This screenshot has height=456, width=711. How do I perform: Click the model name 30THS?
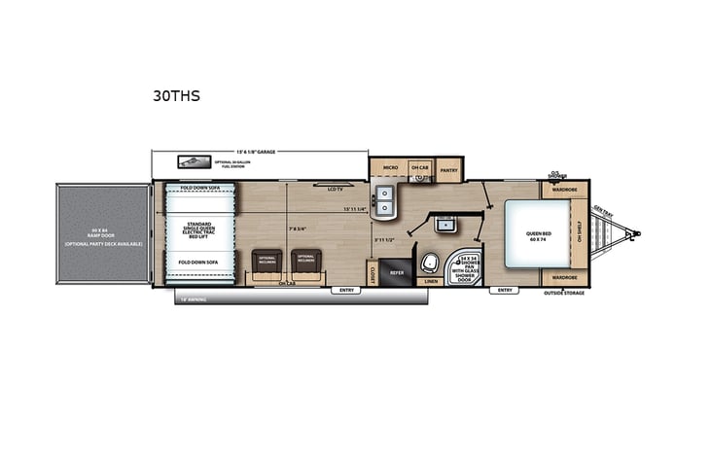[x=175, y=95]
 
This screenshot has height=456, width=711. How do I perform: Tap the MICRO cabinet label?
[x=389, y=168]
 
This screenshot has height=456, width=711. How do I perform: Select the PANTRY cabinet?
[x=448, y=169]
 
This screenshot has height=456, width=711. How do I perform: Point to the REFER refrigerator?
[x=397, y=272]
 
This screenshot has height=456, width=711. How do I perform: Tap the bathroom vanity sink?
[x=448, y=226]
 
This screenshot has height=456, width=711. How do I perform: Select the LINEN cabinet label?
[x=432, y=282]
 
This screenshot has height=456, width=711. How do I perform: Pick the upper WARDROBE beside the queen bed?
[x=565, y=190]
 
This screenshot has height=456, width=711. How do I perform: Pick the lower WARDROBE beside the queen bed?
[x=565, y=276]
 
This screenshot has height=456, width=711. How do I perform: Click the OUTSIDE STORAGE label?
[x=564, y=292]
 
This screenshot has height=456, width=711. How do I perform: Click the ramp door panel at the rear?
[x=101, y=236]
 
